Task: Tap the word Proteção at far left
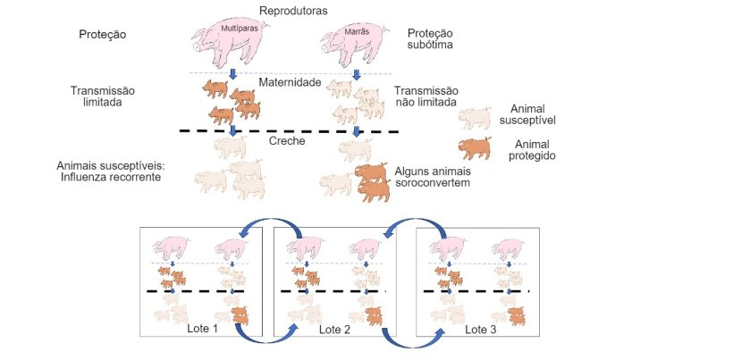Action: (103, 35)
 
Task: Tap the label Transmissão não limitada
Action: (425, 97)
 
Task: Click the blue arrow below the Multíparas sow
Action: (232, 73)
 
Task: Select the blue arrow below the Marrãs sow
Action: (356, 73)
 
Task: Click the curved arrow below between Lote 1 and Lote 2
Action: (267, 339)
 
